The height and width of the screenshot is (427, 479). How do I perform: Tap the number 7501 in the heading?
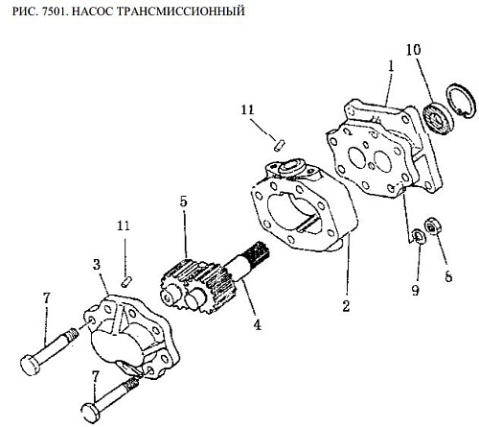tap(56, 11)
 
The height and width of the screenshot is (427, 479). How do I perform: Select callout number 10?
tap(414, 50)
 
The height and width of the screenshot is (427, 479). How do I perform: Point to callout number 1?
tap(391, 66)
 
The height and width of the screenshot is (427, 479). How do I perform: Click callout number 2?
tap(346, 306)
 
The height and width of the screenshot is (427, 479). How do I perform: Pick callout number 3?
tap(97, 265)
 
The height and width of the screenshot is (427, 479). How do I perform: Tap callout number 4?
tap(257, 325)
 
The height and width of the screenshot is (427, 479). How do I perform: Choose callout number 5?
tap(183, 202)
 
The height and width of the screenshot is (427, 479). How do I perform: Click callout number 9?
tap(415, 290)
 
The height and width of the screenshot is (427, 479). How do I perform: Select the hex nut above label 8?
tap(432, 225)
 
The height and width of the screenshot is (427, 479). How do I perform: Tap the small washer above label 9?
tap(418, 236)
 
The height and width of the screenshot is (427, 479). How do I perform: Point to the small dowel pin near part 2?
tap(280, 144)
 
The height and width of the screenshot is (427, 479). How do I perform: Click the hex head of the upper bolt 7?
tap(30, 364)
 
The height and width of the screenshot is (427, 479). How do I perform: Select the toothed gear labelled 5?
tap(193, 284)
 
